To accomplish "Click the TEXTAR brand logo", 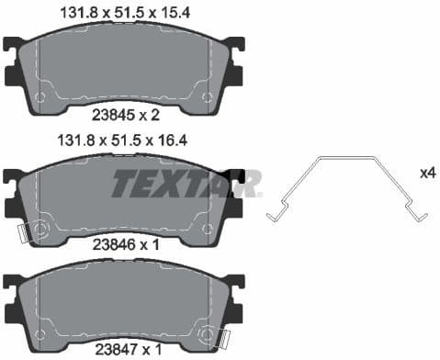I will coord(186,183).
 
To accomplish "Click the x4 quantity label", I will coord(426,173).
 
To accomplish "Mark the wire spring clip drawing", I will coord(345,187).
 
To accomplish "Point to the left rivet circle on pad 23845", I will coord(39,96).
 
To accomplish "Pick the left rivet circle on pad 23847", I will coord(39,330).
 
